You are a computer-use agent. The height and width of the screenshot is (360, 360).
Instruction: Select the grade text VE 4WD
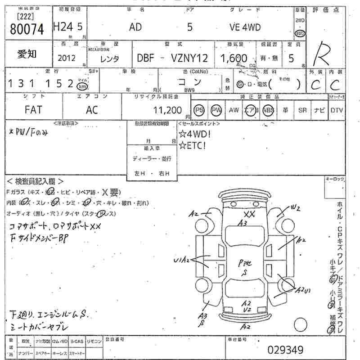[x=245, y=27]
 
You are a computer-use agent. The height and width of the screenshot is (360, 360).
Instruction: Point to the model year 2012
[x=67, y=58]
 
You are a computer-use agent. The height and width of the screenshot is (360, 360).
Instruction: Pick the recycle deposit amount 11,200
[x=167, y=110]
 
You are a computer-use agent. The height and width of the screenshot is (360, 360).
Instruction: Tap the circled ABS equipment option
[x=268, y=110]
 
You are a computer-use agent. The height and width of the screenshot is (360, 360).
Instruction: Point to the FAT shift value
[x=33, y=110]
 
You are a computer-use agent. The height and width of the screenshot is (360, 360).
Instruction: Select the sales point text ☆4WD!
[x=194, y=134]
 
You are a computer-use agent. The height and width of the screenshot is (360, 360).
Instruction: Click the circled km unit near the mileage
[x=82, y=86]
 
